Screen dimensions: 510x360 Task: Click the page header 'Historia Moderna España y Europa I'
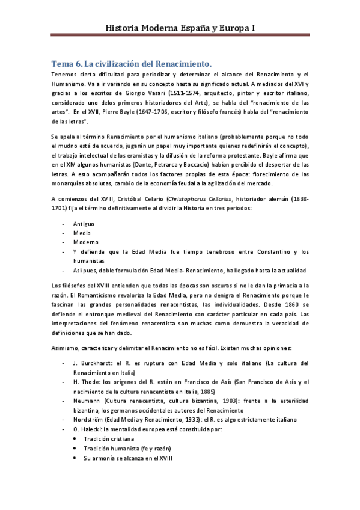(180, 28)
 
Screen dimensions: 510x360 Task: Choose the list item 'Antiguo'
(84, 223)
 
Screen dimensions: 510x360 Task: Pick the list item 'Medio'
(81, 232)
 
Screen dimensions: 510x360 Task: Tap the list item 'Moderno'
(85, 242)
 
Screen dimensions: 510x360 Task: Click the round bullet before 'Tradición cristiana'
(74, 439)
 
